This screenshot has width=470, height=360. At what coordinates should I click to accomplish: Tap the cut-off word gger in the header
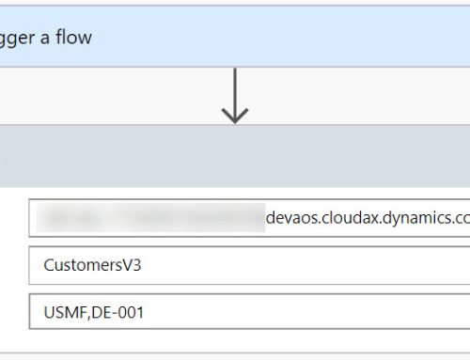coord(17,39)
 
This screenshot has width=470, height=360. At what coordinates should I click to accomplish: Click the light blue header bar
coord(282,39)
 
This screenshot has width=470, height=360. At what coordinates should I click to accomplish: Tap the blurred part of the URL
coord(150,218)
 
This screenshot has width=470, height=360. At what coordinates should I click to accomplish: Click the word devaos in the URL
coord(293,218)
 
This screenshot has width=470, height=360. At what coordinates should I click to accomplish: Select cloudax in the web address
coord(356,218)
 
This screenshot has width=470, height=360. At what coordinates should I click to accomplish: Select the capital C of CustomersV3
coord(49,265)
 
